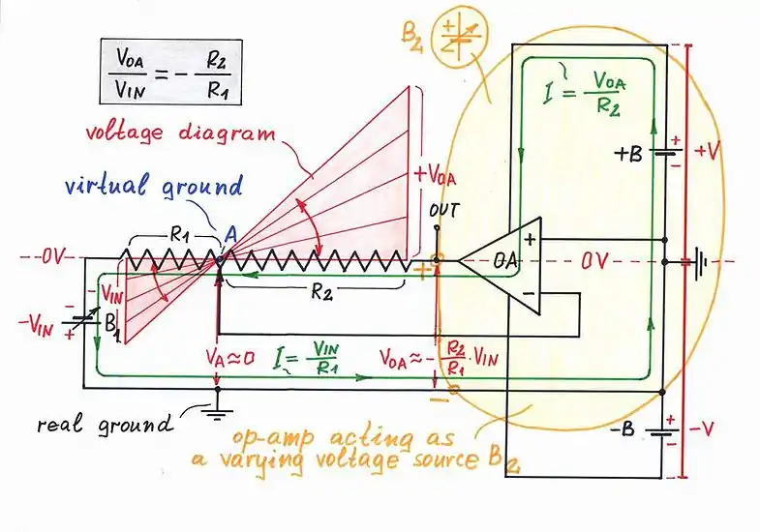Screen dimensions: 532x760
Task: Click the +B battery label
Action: click(631, 152)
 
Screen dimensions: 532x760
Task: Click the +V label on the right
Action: click(707, 151)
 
